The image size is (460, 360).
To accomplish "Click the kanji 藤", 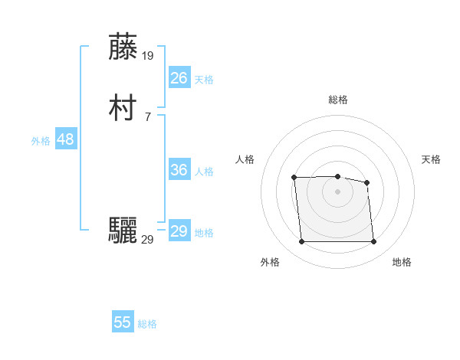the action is point(124,47).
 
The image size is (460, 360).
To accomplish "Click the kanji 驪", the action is point(124,231).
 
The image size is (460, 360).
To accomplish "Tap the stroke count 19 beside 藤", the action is point(148,55).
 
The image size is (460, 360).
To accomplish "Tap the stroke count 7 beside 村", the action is point(147,116).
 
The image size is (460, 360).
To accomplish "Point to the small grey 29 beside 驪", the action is point(148,239).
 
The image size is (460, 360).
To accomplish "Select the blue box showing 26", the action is point(179,77).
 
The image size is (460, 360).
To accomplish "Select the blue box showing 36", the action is point(179,170).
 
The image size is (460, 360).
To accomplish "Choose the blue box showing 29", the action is point(179,231).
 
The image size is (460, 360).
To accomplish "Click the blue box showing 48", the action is point(65,139).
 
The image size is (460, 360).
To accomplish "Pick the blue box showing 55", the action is point(123,322).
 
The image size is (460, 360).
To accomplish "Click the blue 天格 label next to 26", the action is point(204,80).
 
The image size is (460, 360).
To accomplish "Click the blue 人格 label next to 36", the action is point(204,172).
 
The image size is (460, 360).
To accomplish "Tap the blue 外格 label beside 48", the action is point(41,141).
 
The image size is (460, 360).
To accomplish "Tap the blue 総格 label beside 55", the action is point(147,324).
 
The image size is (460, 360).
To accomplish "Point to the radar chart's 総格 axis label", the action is point(337,100).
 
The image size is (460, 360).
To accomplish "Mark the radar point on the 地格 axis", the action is point(373,242).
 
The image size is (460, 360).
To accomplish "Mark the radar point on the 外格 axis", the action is point(301,242).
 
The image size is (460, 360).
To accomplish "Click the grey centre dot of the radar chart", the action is point(337,191).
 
